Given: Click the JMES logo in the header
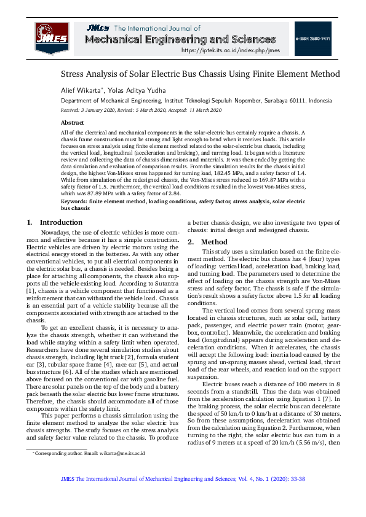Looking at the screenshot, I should point(52,37).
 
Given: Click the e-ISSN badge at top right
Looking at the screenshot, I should point(312,38).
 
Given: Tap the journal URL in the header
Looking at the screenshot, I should point(230,50).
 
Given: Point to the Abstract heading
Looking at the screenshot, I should point(72,123).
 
